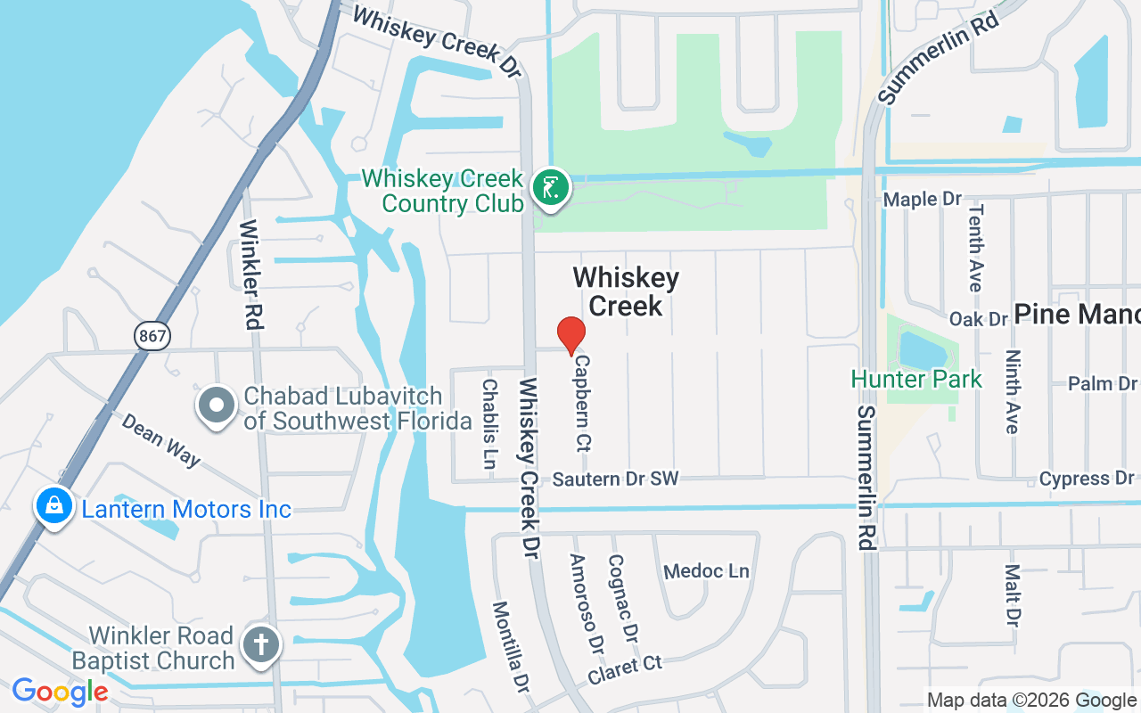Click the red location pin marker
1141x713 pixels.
click(x=570, y=336)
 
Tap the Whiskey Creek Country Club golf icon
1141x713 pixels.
click(x=552, y=188)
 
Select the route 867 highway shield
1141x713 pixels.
click(x=152, y=336)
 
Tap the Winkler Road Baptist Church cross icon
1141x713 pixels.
click(x=263, y=644)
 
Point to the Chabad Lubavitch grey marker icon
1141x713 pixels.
click(x=216, y=406)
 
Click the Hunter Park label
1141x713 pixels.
click(x=916, y=379)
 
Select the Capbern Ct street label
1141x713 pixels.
click(x=583, y=403)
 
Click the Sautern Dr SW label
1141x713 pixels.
click(x=615, y=479)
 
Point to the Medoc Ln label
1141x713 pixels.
click(x=707, y=570)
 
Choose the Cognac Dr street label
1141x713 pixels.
click(x=623, y=599)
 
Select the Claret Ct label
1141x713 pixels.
click(x=625, y=670)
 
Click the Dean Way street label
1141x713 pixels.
click(x=160, y=438)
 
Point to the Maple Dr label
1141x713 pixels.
click(x=923, y=199)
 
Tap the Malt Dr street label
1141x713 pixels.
click(x=1012, y=594)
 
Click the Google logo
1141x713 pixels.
click(x=60, y=692)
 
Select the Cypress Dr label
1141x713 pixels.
click(x=1087, y=479)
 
